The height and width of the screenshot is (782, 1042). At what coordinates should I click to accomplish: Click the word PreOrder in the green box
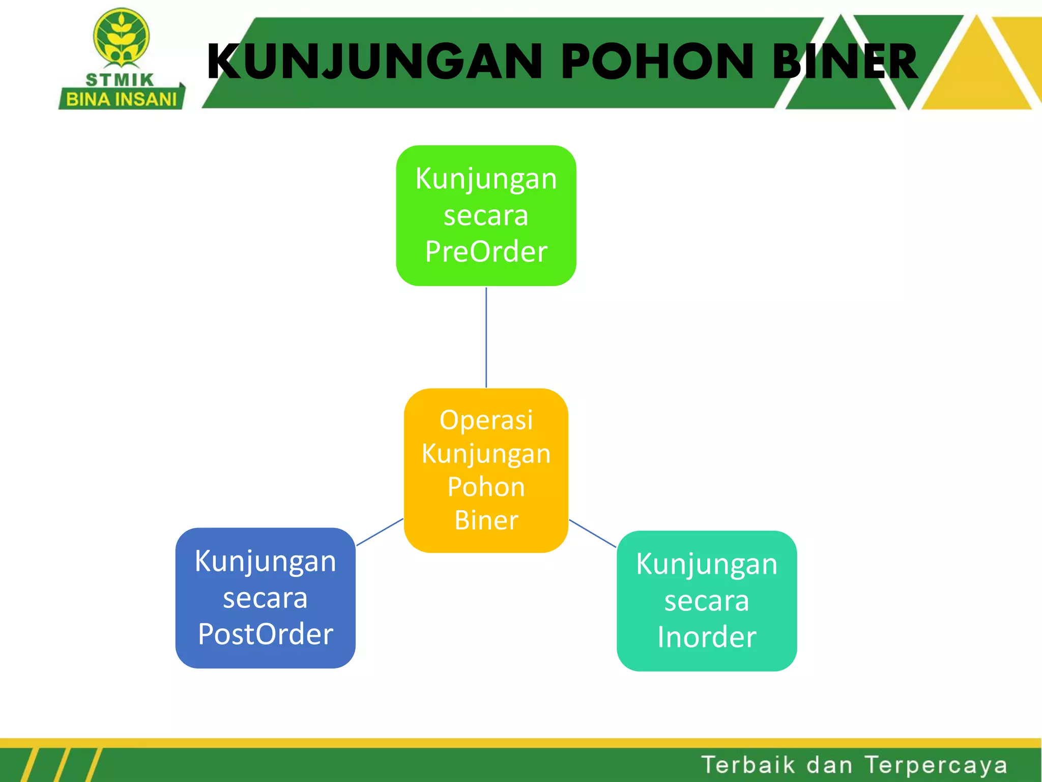486,251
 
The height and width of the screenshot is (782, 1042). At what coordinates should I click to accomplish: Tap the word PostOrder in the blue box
265,634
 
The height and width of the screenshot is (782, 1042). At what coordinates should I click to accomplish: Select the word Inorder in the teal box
707,637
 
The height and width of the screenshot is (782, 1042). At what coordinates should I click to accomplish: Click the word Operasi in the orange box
486,421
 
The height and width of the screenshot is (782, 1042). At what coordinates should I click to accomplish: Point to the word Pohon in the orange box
486,487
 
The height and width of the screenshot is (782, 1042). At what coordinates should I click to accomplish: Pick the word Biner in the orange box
486,520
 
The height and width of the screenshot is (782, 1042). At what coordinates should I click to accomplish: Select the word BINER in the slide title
845,62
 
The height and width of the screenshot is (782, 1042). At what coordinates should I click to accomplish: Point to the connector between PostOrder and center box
380,532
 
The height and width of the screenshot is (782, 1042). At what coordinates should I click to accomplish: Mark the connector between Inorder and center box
592,534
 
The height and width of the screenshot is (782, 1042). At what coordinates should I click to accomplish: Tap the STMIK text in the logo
120,80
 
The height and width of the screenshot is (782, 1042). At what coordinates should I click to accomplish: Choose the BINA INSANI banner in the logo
121,99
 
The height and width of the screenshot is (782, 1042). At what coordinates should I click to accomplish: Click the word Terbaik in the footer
747,765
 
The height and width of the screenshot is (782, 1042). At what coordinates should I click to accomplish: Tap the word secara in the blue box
265,598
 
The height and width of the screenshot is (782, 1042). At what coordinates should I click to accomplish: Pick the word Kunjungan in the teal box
707,564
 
